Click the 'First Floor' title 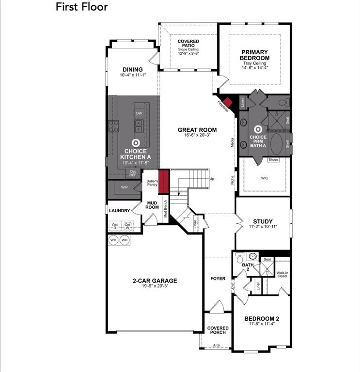(x=81, y=7)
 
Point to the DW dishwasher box (x=139, y=113)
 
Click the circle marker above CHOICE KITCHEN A (x=136, y=143)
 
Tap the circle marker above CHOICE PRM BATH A (x=258, y=129)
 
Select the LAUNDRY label (x=119, y=211)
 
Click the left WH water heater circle (x=113, y=240)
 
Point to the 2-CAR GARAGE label (x=155, y=280)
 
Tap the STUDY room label (x=263, y=221)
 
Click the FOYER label (x=218, y=279)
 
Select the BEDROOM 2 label (x=261, y=318)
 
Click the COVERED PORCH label (x=218, y=331)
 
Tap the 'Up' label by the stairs (x=211, y=178)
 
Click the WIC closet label (x=265, y=178)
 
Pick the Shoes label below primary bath (x=273, y=160)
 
